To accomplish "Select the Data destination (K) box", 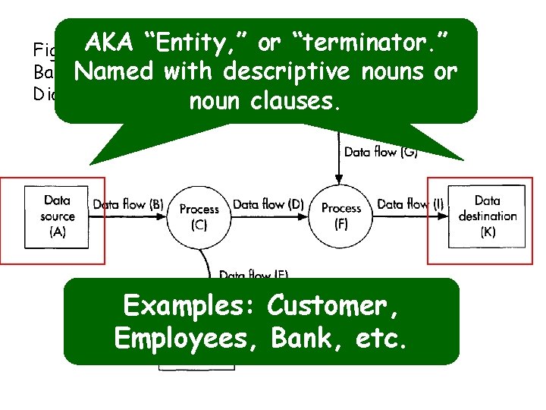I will tap(487, 216).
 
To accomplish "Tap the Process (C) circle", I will tap(199, 216).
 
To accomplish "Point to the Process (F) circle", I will tap(341, 216).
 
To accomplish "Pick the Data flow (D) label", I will tap(268, 203).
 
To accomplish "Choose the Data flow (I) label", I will tap(410, 203).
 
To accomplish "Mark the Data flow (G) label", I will tap(381, 152).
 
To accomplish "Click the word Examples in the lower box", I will tap(189, 306).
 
